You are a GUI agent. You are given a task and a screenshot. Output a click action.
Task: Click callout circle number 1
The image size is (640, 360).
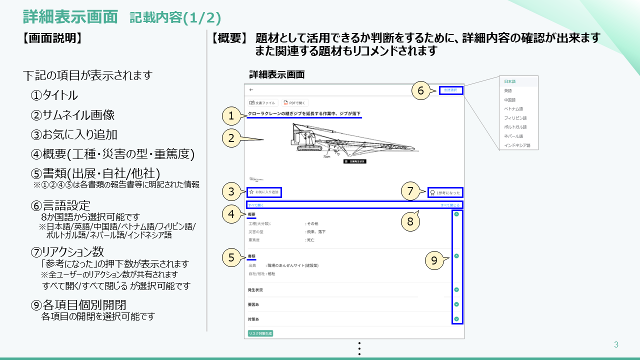[231, 116]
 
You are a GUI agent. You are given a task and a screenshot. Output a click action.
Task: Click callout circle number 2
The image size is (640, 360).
[231, 138]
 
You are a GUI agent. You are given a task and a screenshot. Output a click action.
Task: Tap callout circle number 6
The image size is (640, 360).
[420, 90]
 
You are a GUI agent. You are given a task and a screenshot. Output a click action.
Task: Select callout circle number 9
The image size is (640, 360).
[434, 260]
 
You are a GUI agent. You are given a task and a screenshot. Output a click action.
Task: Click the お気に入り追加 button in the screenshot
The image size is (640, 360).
[265, 192]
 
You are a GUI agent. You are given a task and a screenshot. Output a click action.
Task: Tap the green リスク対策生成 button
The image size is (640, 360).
[260, 333]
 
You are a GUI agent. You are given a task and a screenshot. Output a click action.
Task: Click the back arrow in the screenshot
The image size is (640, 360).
[251, 90]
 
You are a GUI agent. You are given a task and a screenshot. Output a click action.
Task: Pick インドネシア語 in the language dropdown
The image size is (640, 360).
[517, 145]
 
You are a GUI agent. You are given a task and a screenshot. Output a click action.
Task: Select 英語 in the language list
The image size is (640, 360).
[508, 90]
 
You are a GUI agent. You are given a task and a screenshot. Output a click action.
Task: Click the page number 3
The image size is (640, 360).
[616, 344]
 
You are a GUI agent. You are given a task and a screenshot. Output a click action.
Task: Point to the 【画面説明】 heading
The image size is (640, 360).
[51, 38]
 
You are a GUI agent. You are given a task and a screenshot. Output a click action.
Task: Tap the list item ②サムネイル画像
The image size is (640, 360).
[72, 115]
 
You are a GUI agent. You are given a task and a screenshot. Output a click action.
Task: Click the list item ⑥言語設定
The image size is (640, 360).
[60, 205]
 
